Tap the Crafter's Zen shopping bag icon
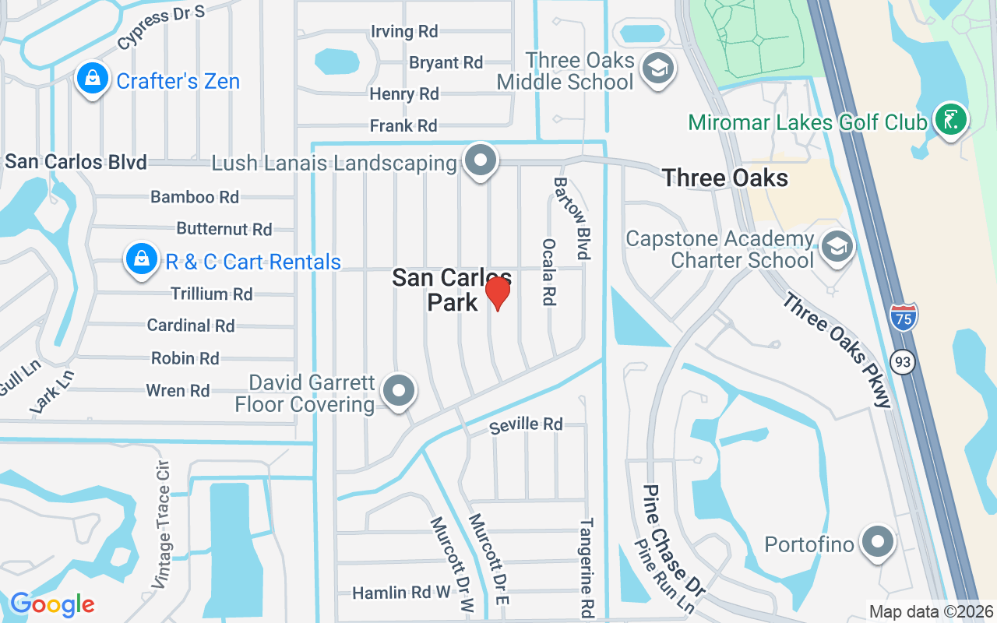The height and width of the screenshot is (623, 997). click(x=93, y=79)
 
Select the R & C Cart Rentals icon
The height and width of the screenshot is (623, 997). click(x=142, y=260)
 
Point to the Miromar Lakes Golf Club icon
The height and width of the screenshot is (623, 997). click(x=951, y=121)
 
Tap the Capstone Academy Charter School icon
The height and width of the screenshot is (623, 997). click(x=837, y=247)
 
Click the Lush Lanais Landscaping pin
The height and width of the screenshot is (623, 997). click(x=481, y=161)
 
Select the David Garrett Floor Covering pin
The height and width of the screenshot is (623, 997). click(x=400, y=391)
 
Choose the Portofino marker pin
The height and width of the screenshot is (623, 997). click(x=878, y=542)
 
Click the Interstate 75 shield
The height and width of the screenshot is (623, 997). click(x=904, y=316)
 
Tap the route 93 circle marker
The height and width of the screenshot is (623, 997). click(x=904, y=362)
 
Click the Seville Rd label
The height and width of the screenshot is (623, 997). click(x=526, y=424)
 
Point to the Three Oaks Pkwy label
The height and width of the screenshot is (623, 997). click(x=837, y=350)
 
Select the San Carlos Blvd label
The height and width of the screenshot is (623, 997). click(x=76, y=162)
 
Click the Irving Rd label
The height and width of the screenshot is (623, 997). click(x=404, y=31)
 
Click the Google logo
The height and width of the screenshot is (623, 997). click(x=52, y=604)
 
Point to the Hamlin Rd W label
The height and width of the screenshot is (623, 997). click(x=401, y=593)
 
